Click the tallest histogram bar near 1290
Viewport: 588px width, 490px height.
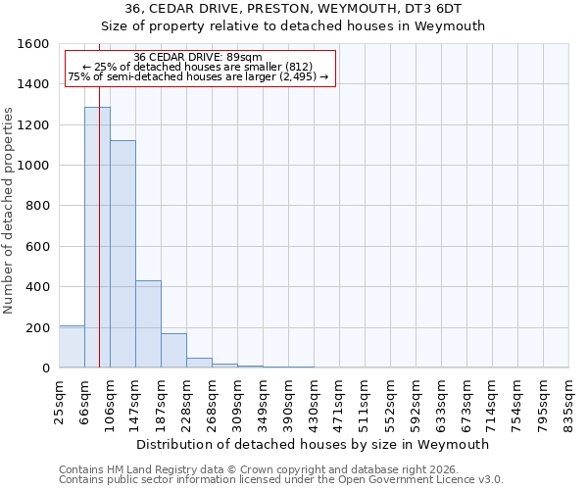click(x=97, y=237)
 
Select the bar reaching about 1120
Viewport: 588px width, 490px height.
click(x=122, y=254)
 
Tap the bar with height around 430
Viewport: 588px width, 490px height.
click(x=148, y=323)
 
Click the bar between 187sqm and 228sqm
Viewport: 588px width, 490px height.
click(x=173, y=351)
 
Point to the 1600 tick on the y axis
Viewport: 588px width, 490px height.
click(x=33, y=44)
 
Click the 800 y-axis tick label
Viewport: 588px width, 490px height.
click(x=38, y=206)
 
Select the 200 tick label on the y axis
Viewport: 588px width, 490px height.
click(x=38, y=327)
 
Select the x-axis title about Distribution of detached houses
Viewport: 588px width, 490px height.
click(x=314, y=444)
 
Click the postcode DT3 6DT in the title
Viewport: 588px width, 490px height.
click(x=434, y=9)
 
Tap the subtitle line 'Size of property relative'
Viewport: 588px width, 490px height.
click(x=294, y=26)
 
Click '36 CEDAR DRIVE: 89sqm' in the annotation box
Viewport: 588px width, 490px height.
click(x=198, y=57)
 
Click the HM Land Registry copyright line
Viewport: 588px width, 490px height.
click(x=259, y=469)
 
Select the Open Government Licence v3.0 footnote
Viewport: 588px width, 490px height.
click(x=281, y=480)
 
